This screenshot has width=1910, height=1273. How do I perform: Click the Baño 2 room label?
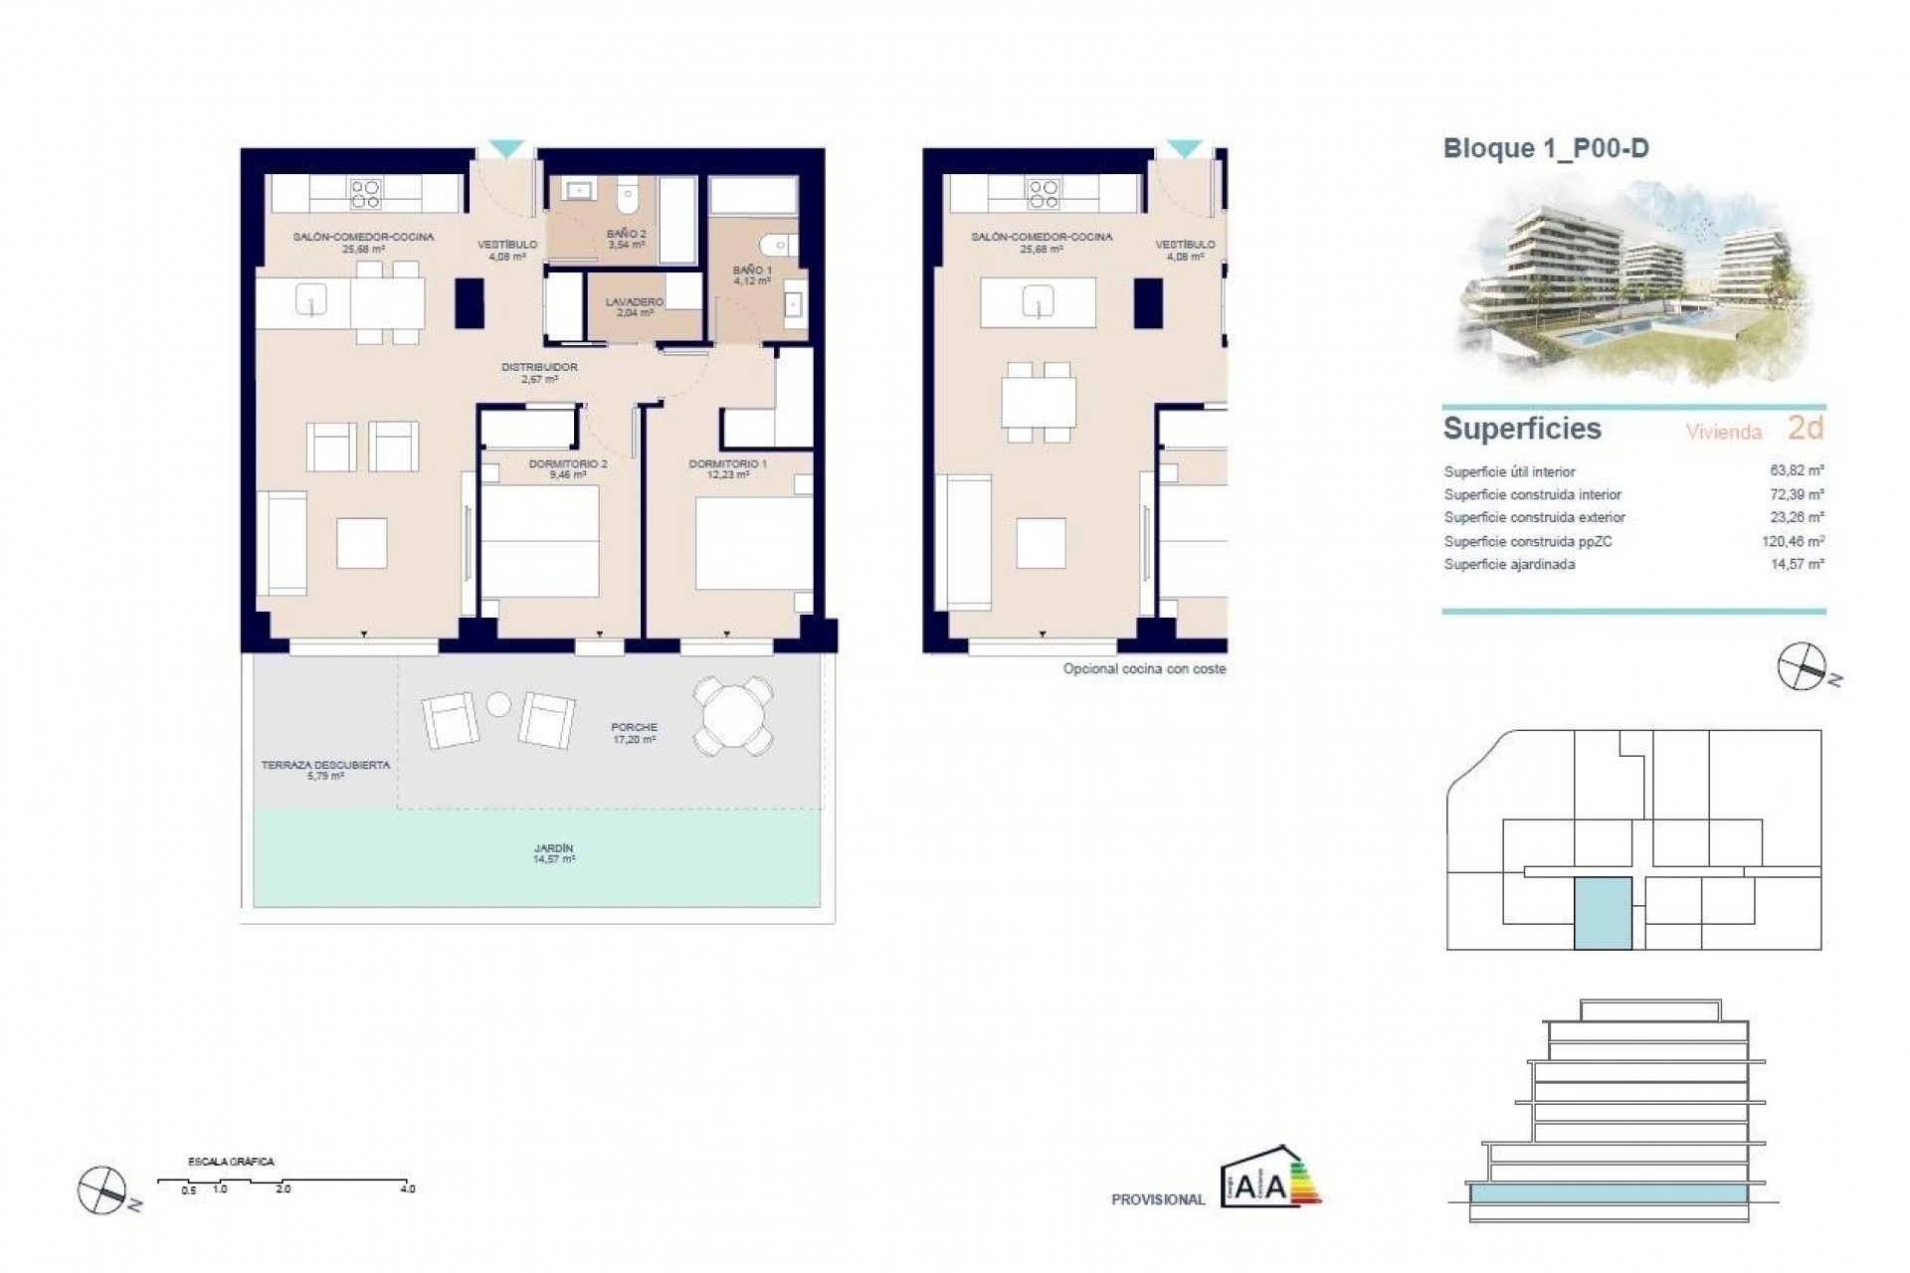point(627,239)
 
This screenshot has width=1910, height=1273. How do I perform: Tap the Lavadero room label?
point(634,306)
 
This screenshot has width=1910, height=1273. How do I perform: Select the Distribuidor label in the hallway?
point(539,372)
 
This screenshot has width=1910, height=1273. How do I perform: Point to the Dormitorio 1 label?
point(728,468)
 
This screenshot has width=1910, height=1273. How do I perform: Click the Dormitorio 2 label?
point(567,468)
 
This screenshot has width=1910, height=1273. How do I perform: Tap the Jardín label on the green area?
point(553,853)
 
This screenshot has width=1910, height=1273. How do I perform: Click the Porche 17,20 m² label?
point(634,733)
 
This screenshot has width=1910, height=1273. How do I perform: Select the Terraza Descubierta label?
point(325,770)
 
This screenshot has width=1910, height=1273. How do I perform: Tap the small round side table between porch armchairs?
point(498,705)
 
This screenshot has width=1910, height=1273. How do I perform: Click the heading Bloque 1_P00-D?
point(1546,149)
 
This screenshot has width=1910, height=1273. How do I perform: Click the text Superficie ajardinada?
point(1509,565)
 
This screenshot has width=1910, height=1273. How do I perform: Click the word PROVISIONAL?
point(1158,1199)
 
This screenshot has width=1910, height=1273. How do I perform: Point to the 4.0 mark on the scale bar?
point(407,1188)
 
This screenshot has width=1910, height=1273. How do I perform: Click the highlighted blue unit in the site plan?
point(1602,913)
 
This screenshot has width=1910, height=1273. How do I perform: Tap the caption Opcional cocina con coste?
point(1144,669)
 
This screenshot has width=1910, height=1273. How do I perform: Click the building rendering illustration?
point(1631,288)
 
